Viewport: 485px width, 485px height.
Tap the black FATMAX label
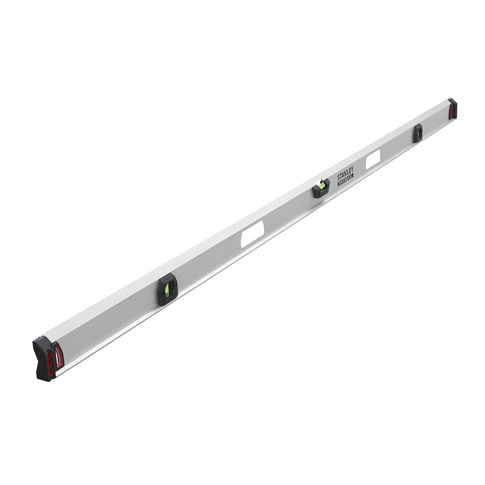(x=346, y=179)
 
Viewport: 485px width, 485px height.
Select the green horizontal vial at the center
(x=321, y=185)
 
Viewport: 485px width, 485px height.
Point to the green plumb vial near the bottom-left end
(x=167, y=290)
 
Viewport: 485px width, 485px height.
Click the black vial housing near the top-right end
(x=418, y=133)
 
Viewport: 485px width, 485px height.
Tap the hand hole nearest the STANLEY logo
(x=373, y=160)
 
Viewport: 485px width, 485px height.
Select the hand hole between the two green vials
(x=252, y=234)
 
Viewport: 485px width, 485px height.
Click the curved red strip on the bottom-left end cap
(x=58, y=357)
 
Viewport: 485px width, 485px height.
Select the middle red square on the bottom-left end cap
(x=50, y=363)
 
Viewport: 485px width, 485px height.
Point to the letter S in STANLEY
(x=339, y=178)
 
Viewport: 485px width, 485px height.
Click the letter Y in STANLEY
(x=353, y=169)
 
